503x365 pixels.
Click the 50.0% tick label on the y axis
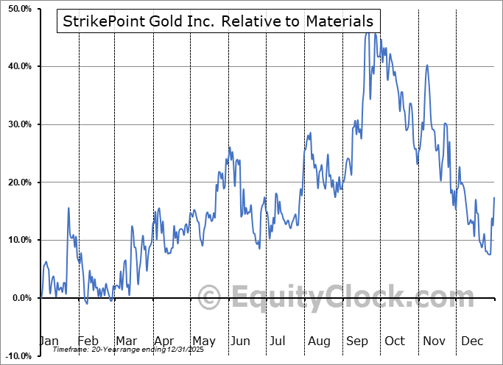(x=17, y=9)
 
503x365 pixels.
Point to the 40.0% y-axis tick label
(x=17, y=67)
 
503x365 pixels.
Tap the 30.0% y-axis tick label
(x=17, y=124)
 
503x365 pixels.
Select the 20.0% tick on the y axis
(x=17, y=182)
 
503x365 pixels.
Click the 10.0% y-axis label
(x=17, y=241)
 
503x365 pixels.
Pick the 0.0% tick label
(x=19, y=298)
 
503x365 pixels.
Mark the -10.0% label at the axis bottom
(x=15, y=356)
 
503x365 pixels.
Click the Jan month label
(x=48, y=341)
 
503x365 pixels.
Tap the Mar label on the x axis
(x=127, y=341)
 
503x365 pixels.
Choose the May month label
(x=204, y=341)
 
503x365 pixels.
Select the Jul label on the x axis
(x=278, y=341)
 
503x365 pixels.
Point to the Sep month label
(x=357, y=341)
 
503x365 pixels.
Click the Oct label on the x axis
(x=395, y=341)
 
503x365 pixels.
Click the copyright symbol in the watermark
(x=210, y=298)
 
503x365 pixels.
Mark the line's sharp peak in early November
(x=427, y=65)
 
